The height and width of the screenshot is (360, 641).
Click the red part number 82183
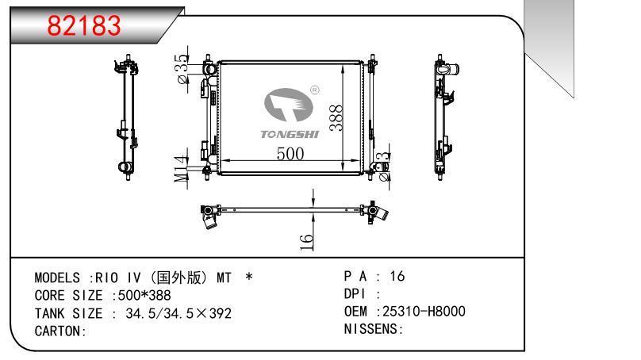click(84, 25)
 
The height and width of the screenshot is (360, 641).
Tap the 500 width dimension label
click(290, 154)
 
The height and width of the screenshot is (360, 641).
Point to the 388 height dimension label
click(336, 117)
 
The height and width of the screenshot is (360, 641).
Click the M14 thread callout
click(181, 169)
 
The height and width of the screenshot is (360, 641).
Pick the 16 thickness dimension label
click(306, 242)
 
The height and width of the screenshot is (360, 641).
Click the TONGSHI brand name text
click(290, 134)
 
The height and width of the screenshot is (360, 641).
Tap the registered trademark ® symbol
click(315, 90)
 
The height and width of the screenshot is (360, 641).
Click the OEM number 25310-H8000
click(424, 312)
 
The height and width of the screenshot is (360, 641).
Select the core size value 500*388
click(144, 295)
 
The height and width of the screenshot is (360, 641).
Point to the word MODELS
click(57, 278)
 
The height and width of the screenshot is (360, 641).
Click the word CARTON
click(58, 331)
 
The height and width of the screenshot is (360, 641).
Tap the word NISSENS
click(370, 329)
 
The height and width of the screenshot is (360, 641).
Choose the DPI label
click(354, 294)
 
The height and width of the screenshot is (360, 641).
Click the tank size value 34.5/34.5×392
click(178, 313)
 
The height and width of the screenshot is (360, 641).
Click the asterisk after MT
click(249, 277)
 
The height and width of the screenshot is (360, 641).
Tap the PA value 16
click(397, 276)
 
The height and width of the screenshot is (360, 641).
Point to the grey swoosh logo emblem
click(289, 105)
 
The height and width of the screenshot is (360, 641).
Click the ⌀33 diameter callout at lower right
click(383, 167)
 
